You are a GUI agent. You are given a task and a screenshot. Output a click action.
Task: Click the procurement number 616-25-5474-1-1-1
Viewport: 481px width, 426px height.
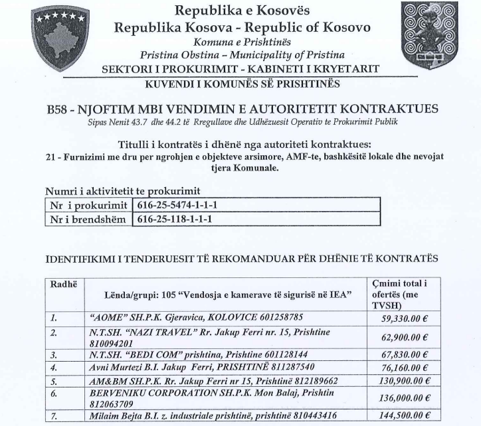point(176,204)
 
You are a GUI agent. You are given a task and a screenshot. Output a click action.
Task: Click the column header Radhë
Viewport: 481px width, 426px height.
point(64,283)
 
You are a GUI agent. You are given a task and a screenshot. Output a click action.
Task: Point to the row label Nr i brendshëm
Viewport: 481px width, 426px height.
point(88,219)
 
